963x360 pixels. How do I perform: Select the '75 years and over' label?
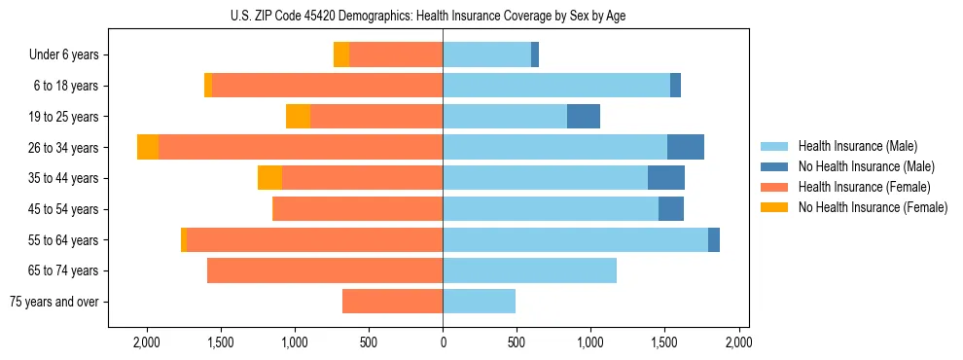(54, 302)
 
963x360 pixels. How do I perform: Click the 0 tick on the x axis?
(443, 342)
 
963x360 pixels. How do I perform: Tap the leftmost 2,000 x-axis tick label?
(147, 342)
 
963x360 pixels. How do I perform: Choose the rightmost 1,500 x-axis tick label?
(664, 342)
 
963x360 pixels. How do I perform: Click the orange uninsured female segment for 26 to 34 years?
(148, 147)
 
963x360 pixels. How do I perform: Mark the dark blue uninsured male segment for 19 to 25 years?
(584, 117)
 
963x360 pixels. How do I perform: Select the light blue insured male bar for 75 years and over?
(479, 302)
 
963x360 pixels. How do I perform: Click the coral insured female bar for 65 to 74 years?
(325, 270)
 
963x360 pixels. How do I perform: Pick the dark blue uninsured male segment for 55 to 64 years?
(714, 240)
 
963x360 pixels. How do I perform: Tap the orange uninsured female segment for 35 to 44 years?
(269, 178)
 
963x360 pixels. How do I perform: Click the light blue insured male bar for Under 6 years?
(486, 55)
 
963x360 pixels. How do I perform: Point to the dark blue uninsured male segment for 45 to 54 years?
(671, 209)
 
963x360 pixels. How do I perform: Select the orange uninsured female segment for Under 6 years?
(341, 55)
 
